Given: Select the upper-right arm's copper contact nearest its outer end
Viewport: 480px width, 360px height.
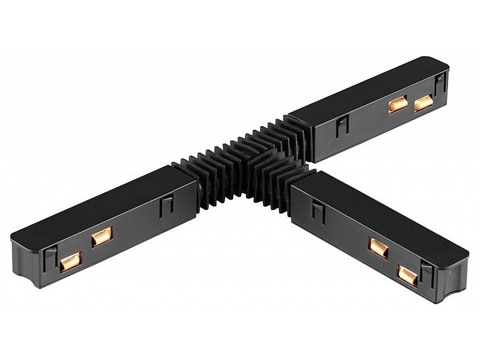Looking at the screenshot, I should tap(423, 103).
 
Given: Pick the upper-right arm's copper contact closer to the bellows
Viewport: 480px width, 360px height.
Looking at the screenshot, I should tap(397, 105).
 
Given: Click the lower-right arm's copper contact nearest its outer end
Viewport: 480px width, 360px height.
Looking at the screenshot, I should tap(407, 275).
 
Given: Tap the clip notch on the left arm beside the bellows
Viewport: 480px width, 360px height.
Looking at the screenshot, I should tap(166, 205).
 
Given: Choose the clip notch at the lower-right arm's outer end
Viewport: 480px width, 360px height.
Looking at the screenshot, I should tap(427, 274).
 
